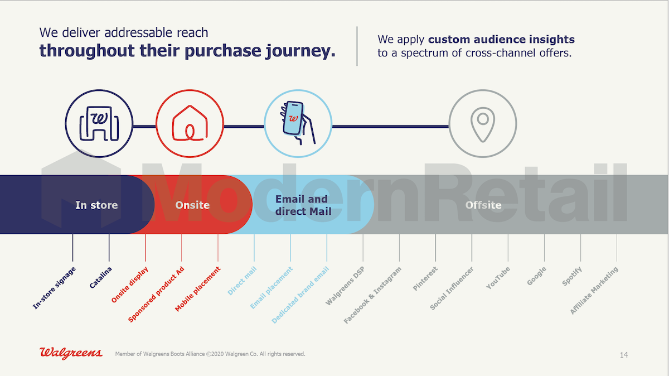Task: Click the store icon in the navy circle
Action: click(99, 123)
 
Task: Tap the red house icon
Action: click(190, 123)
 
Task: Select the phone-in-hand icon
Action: click(297, 123)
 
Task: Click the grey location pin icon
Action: click(483, 124)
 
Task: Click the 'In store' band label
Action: click(96, 205)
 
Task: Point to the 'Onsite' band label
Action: click(192, 205)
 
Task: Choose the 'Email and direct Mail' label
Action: click(303, 205)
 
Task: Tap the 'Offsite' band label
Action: click(483, 205)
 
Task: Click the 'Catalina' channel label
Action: click(101, 278)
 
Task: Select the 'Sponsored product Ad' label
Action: click(156, 295)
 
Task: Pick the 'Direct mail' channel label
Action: click(242, 281)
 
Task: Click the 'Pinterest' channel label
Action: click(425, 278)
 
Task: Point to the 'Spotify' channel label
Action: click(572, 276)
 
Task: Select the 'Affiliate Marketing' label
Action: click(594, 291)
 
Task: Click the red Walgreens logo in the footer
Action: click(71, 353)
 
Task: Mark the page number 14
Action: click(624, 355)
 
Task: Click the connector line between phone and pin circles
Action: click(390, 127)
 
